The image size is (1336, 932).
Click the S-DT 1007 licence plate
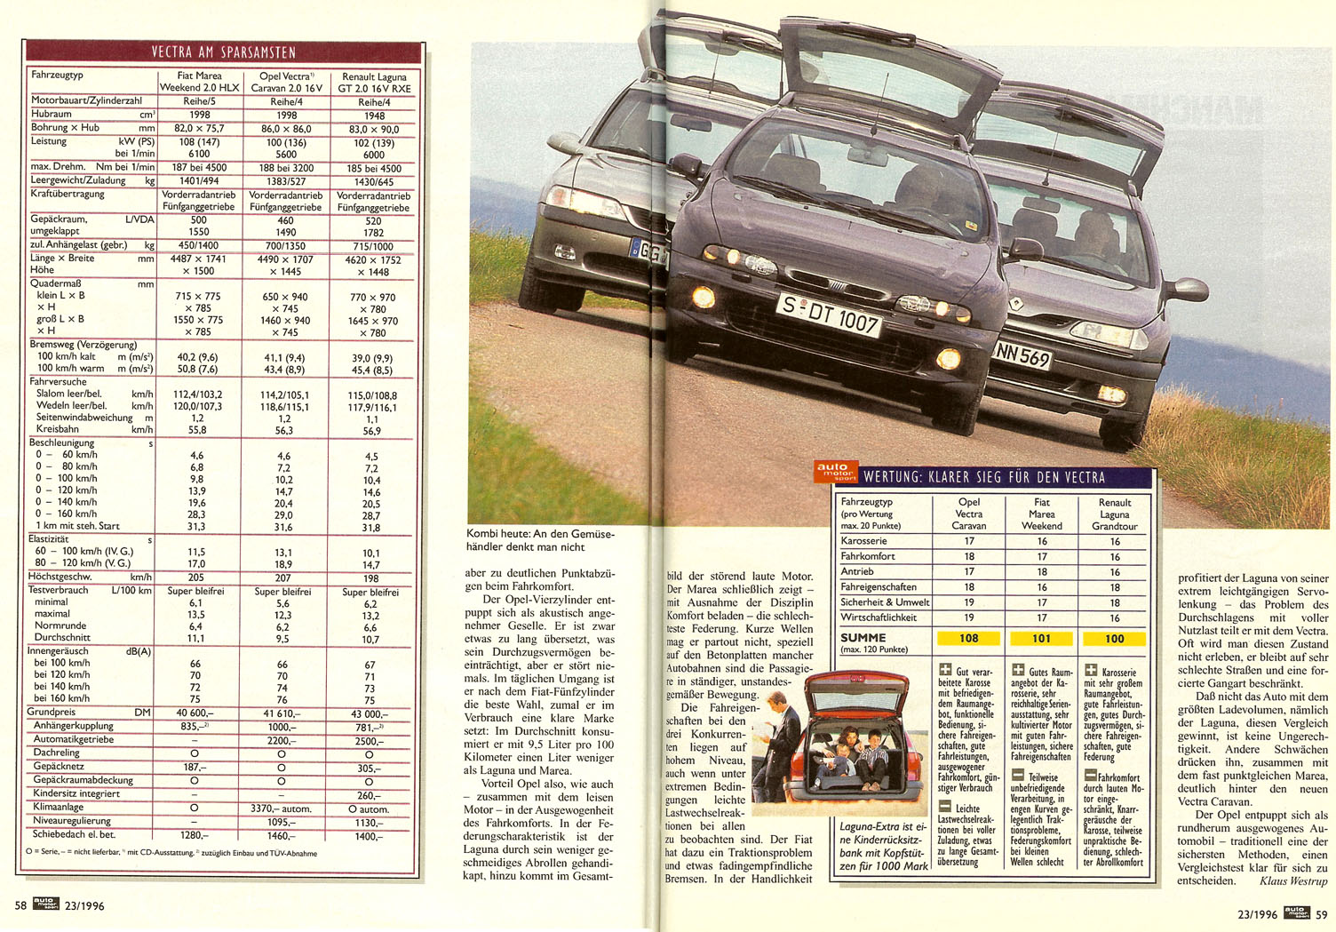828,315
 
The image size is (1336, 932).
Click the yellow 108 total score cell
968,638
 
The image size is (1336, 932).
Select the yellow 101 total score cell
1041,638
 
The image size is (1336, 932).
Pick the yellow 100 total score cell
1114,638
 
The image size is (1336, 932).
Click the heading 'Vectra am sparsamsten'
223,52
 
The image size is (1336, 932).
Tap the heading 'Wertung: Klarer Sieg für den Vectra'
984,477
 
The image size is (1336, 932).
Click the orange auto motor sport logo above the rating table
835,472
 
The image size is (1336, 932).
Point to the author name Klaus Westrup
1292,881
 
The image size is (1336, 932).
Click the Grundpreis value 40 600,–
195,713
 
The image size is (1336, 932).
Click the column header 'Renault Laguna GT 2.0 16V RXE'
374,83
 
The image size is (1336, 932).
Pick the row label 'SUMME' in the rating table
863,637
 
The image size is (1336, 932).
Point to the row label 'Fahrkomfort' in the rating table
868,556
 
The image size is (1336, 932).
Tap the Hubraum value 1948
374,116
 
